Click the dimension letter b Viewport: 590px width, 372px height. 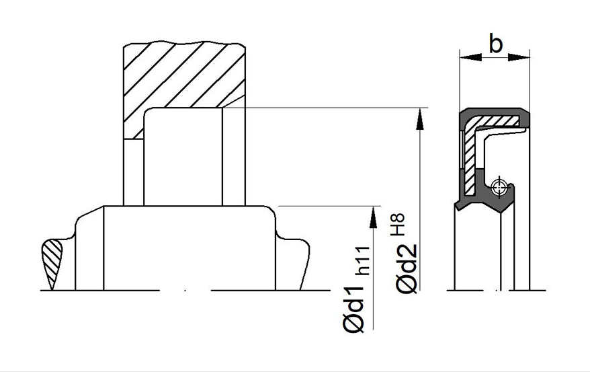pos(495,43)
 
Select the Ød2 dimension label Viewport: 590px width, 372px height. pos(407,269)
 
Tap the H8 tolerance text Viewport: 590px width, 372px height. pos(397,225)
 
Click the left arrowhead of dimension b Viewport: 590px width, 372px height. pos(470,57)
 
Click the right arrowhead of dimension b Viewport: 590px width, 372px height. pos(519,57)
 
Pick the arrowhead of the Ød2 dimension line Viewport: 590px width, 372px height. pos(419,118)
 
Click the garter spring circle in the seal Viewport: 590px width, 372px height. pos(499,186)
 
